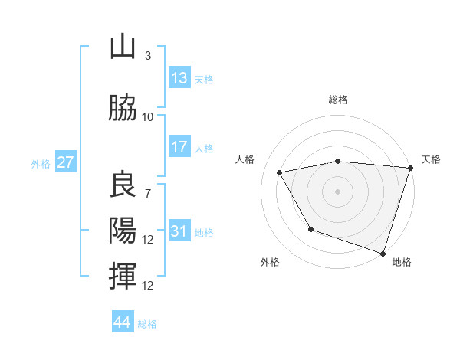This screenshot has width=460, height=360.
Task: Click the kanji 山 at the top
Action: (123, 47)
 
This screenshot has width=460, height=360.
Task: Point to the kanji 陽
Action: (123, 231)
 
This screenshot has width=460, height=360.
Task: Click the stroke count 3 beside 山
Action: (148, 56)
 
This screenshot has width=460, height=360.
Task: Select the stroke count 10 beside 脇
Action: (148, 117)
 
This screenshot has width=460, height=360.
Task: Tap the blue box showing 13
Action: (179, 78)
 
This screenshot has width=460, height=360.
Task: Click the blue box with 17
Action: (179, 147)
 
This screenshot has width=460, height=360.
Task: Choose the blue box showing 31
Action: (179, 231)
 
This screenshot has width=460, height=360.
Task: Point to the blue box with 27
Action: (66, 162)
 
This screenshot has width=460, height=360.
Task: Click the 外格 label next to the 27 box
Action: (41, 163)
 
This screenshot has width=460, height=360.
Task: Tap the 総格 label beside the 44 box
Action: (147, 324)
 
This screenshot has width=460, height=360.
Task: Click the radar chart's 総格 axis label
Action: (338, 100)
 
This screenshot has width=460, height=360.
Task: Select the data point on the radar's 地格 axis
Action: (383, 252)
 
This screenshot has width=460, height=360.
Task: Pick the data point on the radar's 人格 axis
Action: (280, 173)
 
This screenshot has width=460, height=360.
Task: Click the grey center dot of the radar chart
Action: (338, 191)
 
